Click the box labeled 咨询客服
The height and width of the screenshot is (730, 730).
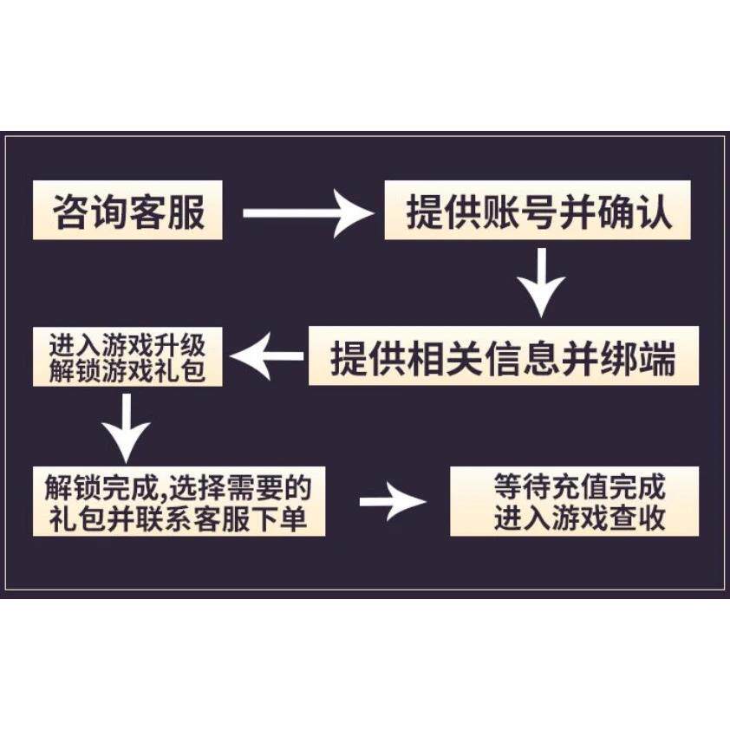click(x=127, y=212)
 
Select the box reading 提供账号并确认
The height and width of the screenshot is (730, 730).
click(x=538, y=212)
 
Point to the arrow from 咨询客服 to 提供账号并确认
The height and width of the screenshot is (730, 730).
click(x=306, y=212)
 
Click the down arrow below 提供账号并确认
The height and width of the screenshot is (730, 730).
click(x=541, y=282)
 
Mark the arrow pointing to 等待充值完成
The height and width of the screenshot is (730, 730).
click(x=393, y=502)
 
